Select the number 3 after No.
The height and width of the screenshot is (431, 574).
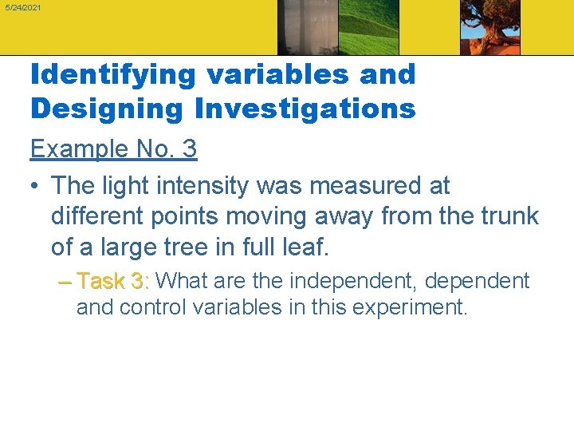click(189, 148)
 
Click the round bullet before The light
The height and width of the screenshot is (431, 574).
click(35, 186)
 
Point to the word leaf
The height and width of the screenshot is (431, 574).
click(304, 247)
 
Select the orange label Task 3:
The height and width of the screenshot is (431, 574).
click(112, 281)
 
